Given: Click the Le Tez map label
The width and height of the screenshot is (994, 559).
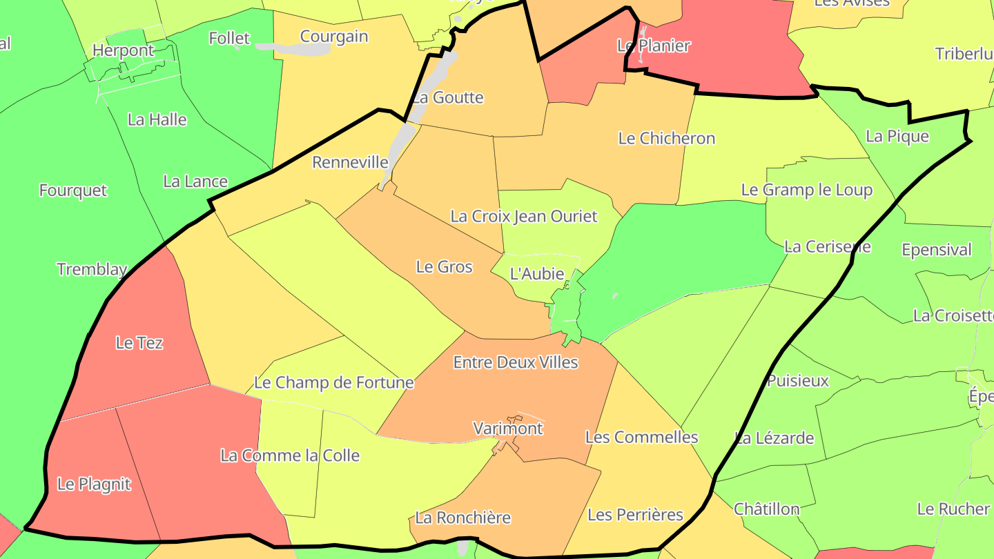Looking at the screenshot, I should (139, 343).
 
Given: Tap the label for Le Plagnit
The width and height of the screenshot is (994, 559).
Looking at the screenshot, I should (94, 484).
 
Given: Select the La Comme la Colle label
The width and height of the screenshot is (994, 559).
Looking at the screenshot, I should (290, 455).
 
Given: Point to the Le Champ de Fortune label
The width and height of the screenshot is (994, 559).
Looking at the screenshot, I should (334, 382).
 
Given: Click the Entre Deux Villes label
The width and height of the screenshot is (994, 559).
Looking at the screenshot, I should (516, 362).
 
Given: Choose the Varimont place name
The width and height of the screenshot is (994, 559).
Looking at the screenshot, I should (508, 429).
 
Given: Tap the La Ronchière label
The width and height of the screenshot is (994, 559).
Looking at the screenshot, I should (462, 518).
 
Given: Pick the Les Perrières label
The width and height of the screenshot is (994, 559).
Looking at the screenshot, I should (635, 515).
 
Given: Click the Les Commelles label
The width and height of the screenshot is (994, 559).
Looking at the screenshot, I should (642, 438).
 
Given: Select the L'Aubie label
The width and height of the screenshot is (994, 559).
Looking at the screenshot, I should (537, 274).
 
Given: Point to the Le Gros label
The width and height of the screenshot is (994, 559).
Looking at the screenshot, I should (445, 267).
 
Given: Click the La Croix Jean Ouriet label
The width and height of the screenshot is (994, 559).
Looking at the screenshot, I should (524, 217).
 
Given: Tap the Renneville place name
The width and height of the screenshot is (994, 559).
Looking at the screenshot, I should (351, 163).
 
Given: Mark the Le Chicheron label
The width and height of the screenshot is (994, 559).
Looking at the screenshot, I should (667, 139).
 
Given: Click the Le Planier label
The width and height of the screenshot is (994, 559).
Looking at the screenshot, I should (654, 46).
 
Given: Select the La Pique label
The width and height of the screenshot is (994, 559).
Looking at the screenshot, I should (897, 137).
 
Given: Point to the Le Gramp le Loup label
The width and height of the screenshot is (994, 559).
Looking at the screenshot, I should (807, 190).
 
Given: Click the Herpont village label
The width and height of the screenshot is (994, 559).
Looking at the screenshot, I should (124, 51).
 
